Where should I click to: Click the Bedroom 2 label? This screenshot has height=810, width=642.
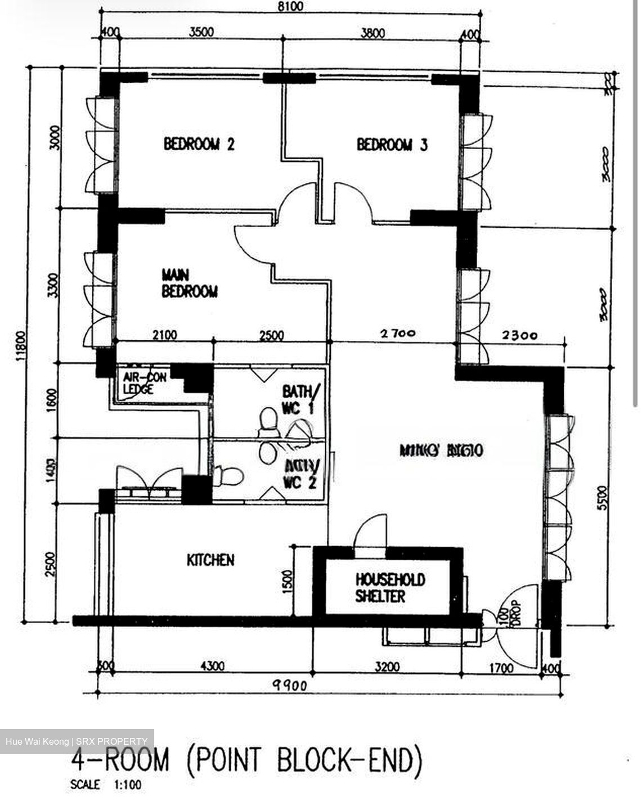click(x=199, y=144)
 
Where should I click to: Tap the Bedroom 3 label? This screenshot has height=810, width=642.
click(x=392, y=145)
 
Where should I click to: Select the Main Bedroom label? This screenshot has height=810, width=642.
click(x=189, y=283)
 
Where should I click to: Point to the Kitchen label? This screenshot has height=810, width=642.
click(x=210, y=560)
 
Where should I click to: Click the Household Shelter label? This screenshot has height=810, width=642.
click(x=389, y=587)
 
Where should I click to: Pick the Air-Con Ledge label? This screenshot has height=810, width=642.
click(x=145, y=383)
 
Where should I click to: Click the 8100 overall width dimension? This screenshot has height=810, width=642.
click(x=290, y=7)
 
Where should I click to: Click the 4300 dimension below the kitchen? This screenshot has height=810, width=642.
click(x=212, y=666)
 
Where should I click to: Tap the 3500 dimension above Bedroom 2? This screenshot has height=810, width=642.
click(x=201, y=32)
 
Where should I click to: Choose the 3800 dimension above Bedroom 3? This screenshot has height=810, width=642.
click(x=372, y=33)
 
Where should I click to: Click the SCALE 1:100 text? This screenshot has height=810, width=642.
click(x=106, y=785)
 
